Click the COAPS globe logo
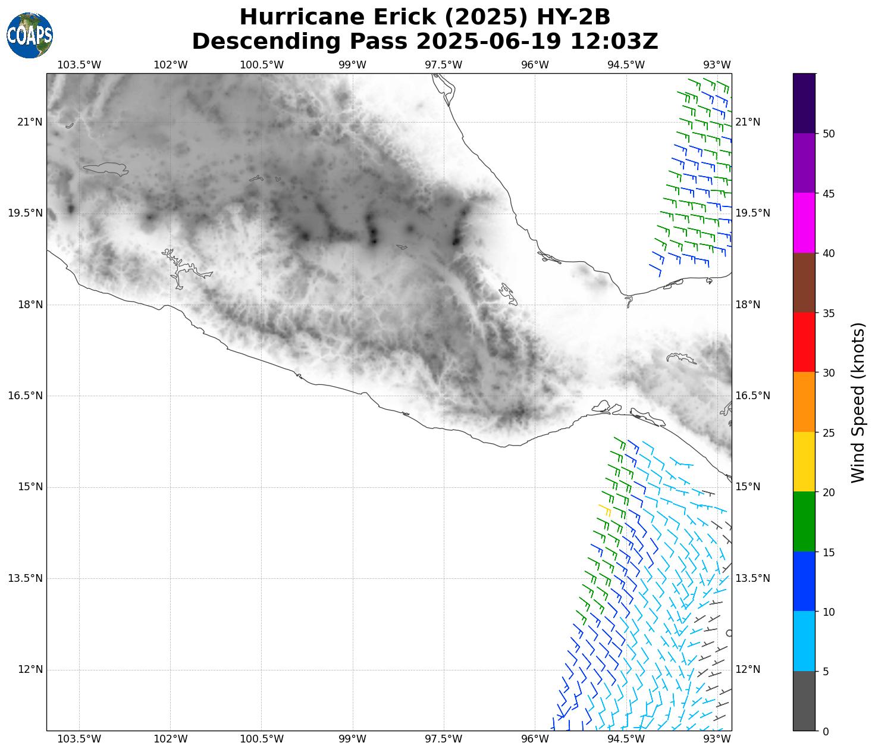tap(29, 35)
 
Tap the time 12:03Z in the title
tap(614, 42)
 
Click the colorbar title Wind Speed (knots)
tap(858, 403)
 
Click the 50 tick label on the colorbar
tap(829, 134)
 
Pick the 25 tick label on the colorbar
tap(829, 433)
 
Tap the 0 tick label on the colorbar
tap(825, 731)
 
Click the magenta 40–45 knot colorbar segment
tap(804, 223)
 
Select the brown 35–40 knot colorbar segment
tap(804, 283)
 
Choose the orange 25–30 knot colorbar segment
tap(804, 402)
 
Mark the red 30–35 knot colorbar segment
tap(804, 343)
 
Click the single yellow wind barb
tap(605, 509)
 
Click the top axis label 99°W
tap(353, 65)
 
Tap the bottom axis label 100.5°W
tap(262, 739)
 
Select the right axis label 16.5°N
tap(752, 396)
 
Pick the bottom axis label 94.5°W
tap(626, 739)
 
